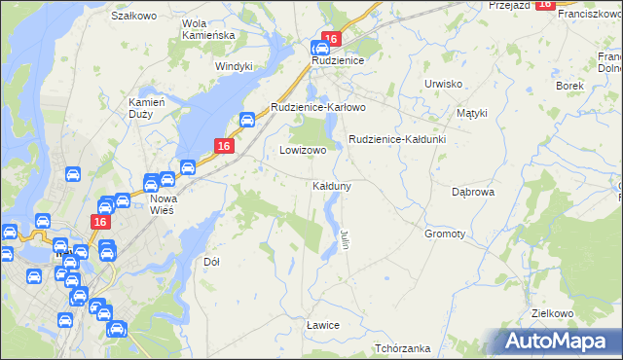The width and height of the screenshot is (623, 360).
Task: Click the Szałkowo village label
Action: [134, 17]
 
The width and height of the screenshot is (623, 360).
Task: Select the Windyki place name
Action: [234, 66]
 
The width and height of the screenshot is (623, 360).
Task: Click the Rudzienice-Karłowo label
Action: [317, 107]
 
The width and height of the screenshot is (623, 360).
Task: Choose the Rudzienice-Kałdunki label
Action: [397, 139]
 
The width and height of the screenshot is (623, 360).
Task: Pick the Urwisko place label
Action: [443, 84]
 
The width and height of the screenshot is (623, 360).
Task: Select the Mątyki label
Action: [471, 113]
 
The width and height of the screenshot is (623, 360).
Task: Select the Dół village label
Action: [211, 262]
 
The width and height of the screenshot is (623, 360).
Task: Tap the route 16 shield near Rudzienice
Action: [331, 39]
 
